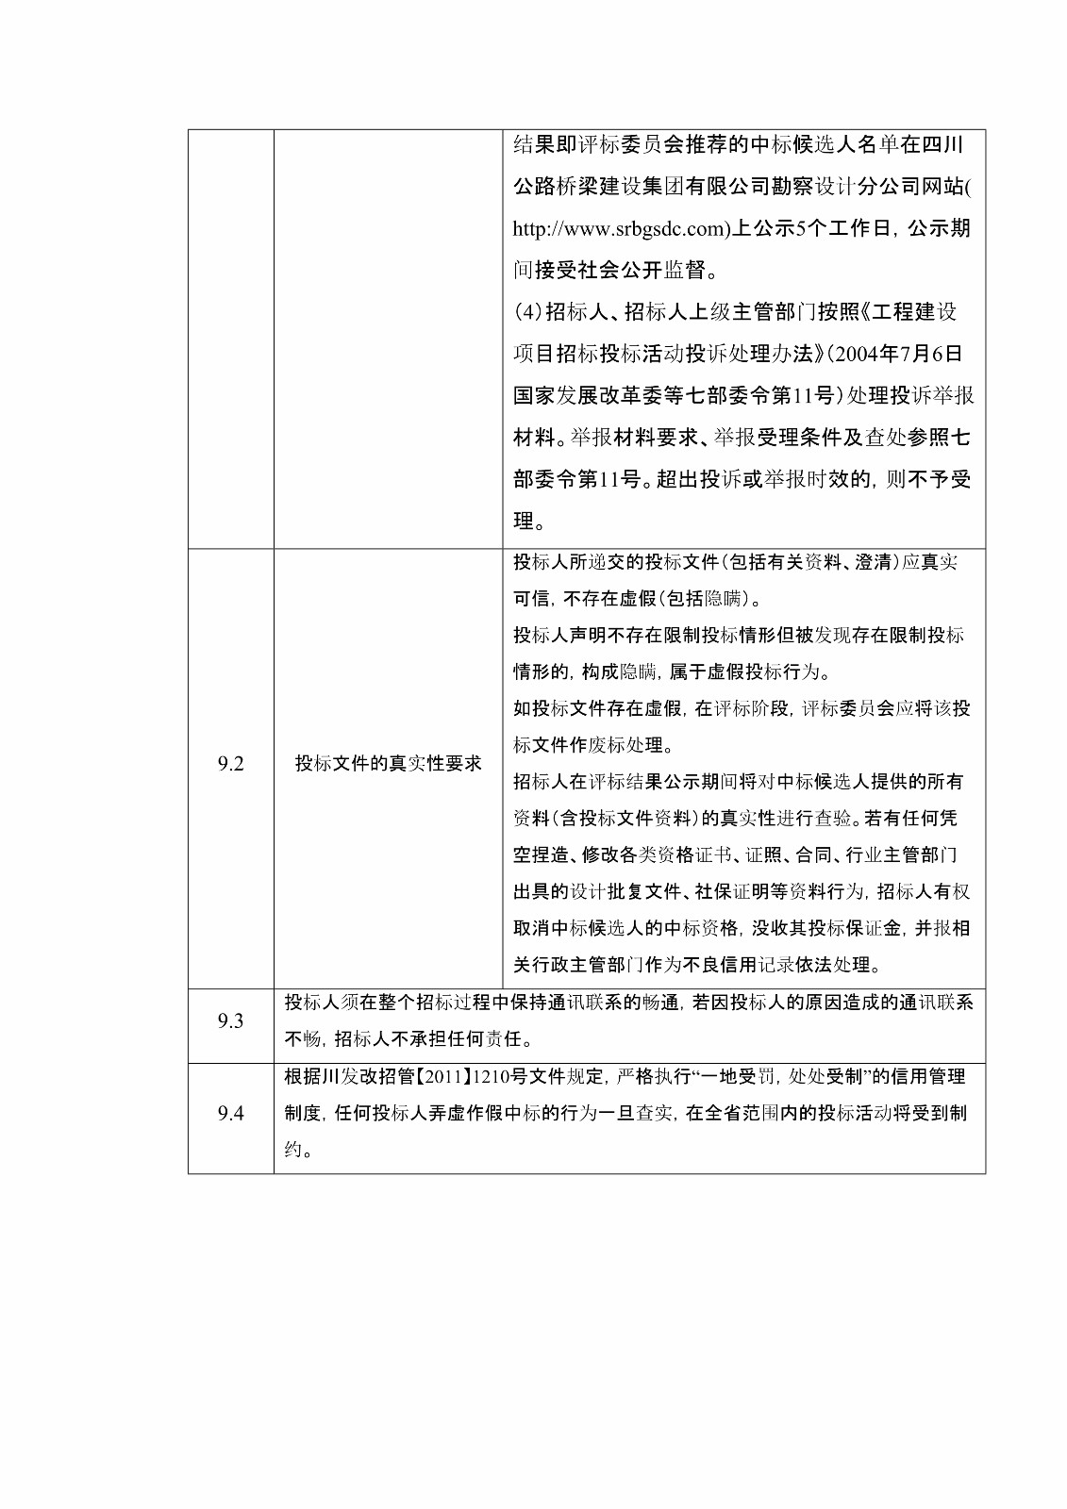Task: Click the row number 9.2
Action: pyautogui.click(x=230, y=764)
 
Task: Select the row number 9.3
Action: pyautogui.click(x=230, y=1021)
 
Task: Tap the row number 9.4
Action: pyautogui.click(x=230, y=1114)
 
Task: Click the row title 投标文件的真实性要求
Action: pyautogui.click(x=388, y=764)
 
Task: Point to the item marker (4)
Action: pyautogui.click(x=528, y=312)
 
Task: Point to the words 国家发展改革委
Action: pyautogui.click(x=579, y=396)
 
